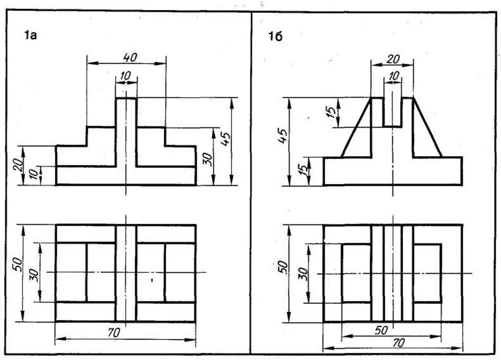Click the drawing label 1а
pyautogui.click(x=31, y=36)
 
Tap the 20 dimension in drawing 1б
pyautogui.click(x=393, y=58)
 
